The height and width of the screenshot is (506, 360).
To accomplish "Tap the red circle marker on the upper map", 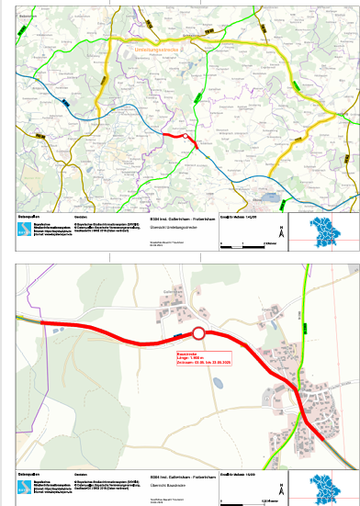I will point(188,139).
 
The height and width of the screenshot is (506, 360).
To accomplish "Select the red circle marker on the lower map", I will point(198,334).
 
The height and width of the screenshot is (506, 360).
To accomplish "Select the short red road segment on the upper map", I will point(174,134).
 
